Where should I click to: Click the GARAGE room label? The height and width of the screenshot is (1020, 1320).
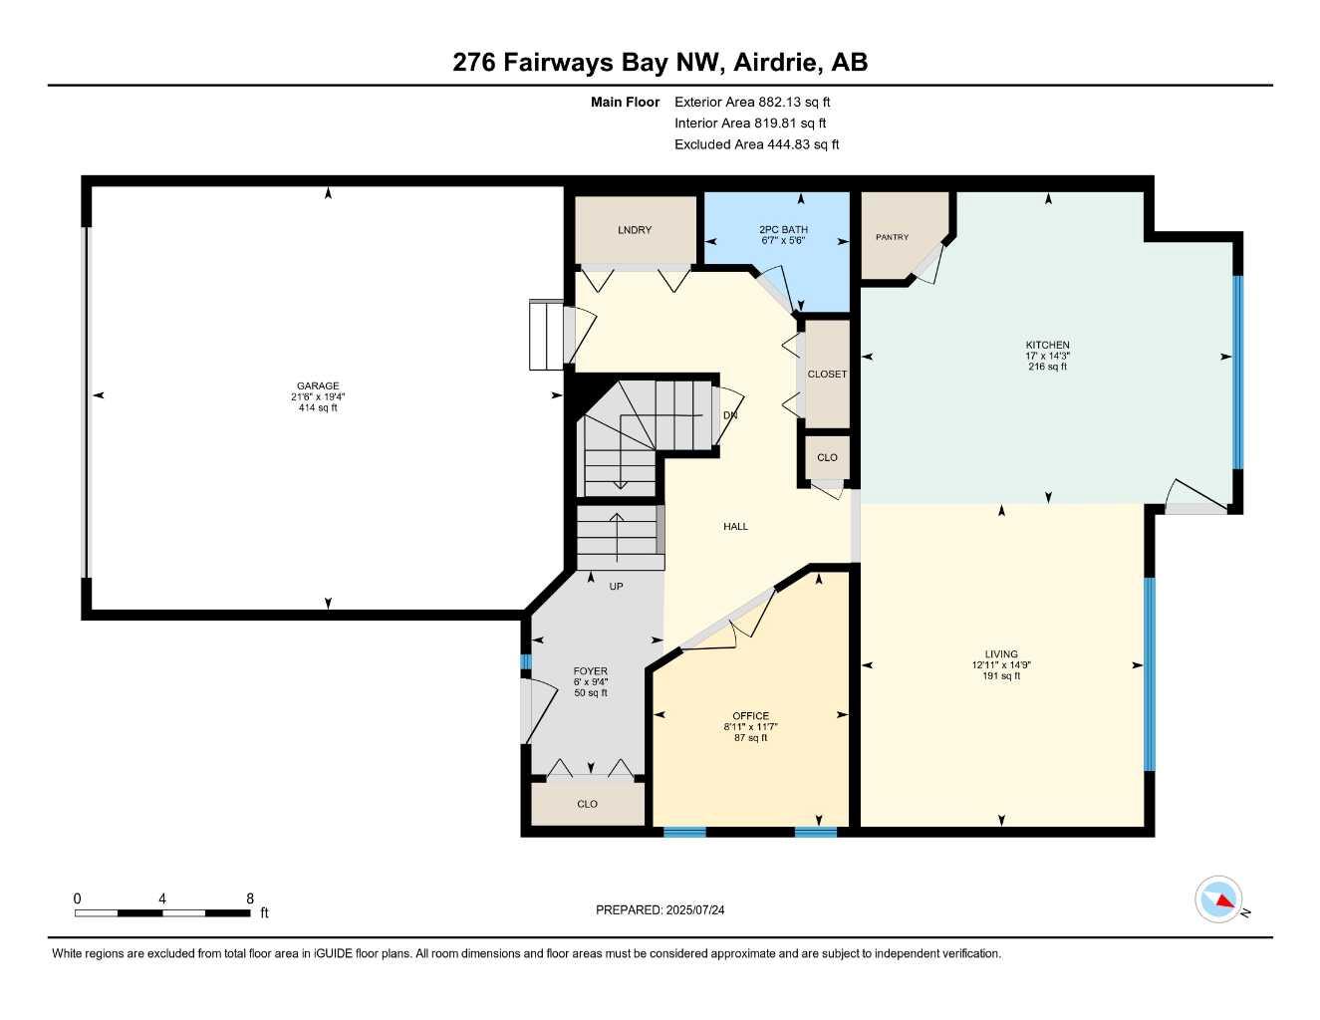pyautogui.click(x=318, y=385)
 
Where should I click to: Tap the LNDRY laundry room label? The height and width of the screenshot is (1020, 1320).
pyautogui.click(x=635, y=230)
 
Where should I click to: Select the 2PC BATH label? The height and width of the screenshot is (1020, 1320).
pyautogui.click(x=783, y=230)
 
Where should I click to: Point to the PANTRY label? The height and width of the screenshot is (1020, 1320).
pyautogui.click(x=892, y=237)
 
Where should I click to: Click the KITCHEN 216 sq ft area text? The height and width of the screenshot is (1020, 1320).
pyautogui.click(x=1047, y=367)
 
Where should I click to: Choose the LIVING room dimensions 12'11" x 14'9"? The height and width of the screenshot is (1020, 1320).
pyautogui.click(x=1001, y=665)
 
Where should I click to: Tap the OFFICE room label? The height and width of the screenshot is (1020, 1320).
pyautogui.click(x=750, y=716)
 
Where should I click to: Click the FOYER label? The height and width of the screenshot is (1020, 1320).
pyautogui.click(x=591, y=671)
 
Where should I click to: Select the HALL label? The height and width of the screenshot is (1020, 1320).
pyautogui.click(x=735, y=526)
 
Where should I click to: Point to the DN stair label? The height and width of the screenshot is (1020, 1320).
pyautogui.click(x=730, y=415)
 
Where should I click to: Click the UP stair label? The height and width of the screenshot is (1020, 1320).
pyautogui.click(x=616, y=587)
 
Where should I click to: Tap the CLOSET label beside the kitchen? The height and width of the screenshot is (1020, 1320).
pyautogui.click(x=827, y=375)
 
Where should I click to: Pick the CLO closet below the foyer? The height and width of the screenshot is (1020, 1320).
pyautogui.click(x=588, y=804)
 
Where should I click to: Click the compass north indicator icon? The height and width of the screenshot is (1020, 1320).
pyautogui.click(x=1219, y=900)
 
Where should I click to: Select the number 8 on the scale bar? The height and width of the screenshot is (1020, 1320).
pyautogui.click(x=250, y=898)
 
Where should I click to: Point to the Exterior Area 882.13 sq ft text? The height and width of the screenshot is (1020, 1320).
pyautogui.click(x=752, y=102)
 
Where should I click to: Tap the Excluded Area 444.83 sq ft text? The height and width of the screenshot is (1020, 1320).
pyautogui.click(x=756, y=144)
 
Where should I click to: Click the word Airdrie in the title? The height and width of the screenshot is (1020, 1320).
pyautogui.click(x=778, y=62)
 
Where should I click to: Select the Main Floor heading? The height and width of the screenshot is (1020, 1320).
pyautogui.click(x=625, y=102)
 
